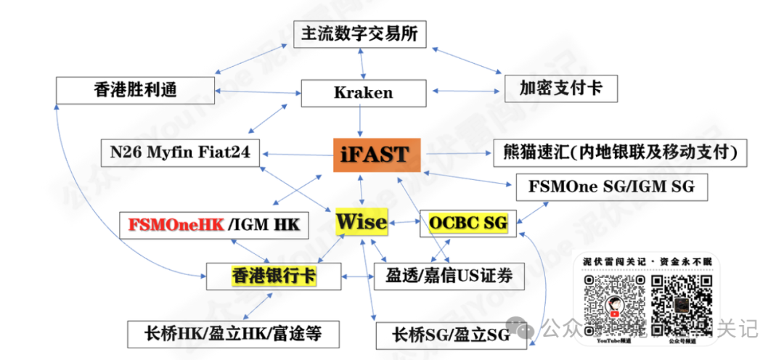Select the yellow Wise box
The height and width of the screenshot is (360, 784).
click(x=361, y=222)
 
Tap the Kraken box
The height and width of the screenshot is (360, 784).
click(x=363, y=92)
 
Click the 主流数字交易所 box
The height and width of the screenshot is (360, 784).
click(x=359, y=33)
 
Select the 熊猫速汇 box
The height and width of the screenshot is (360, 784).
click(x=620, y=152)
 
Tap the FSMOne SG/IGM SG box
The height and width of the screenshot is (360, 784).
click(x=611, y=186)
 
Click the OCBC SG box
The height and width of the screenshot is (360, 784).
click(x=463, y=222)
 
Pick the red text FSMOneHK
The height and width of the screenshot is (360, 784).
click(x=176, y=224)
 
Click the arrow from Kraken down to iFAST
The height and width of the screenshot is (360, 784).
click(x=361, y=121)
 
